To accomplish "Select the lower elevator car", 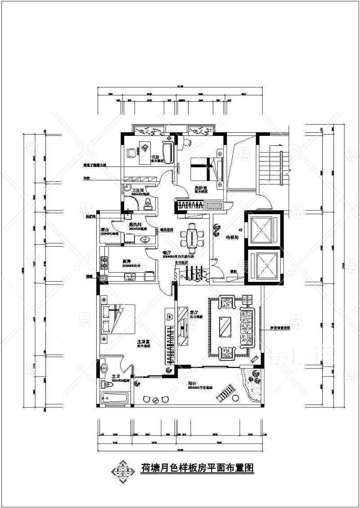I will click(x=263, y=265).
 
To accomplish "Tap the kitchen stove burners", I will click(x=104, y=263).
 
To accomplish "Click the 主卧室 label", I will click(x=144, y=342).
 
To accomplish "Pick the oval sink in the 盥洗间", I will click(x=144, y=239).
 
